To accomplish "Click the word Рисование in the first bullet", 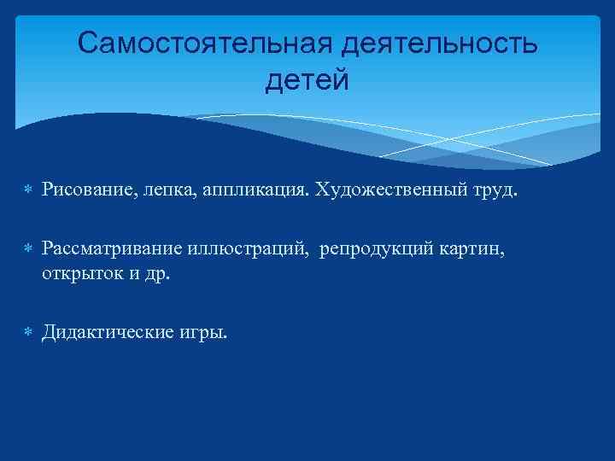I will (x=82, y=189).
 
